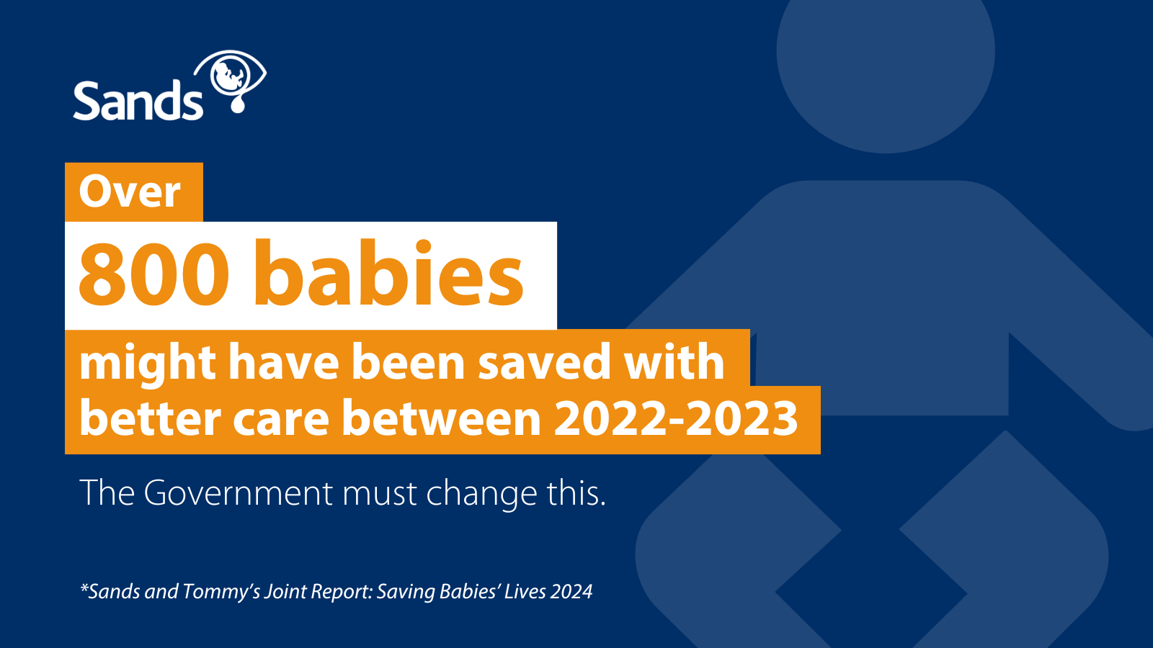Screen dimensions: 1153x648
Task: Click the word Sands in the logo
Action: pos(138,101)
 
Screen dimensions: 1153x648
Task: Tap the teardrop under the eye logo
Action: pos(237,104)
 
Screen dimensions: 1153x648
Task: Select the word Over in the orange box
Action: pos(130,192)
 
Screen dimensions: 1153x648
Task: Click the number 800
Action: pos(154,273)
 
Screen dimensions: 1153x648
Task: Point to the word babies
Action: pos(389,273)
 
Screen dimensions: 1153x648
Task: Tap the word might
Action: pos(148,364)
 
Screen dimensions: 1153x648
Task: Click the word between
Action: pos(442,418)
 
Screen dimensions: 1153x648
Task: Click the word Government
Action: pos(239,492)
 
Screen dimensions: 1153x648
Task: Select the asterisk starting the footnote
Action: pos(84,588)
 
